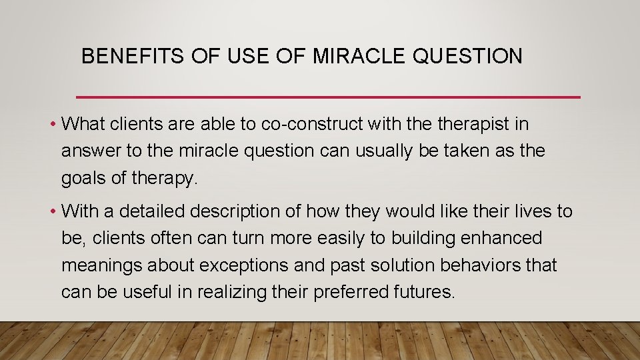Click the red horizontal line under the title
coord(328,97)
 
